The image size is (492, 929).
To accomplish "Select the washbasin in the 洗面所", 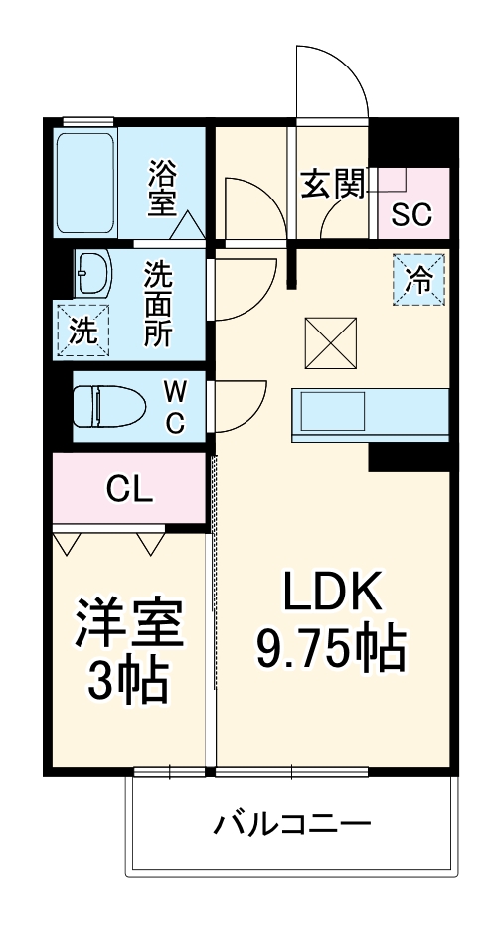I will click(93, 270).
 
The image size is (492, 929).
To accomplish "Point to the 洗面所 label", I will click(157, 304).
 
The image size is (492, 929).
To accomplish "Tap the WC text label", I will click(173, 406).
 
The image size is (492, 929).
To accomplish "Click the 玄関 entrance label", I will click(331, 184).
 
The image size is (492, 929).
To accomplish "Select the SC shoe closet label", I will click(411, 214).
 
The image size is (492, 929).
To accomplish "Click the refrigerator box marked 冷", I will click(419, 279).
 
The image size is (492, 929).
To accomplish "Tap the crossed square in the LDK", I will click(331, 341).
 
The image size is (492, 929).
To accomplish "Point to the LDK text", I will click(332, 594).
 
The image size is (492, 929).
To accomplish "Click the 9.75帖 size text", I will click(331, 649).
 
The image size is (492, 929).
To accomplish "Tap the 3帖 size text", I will click(129, 681).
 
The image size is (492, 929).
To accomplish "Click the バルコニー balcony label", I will click(292, 823).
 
